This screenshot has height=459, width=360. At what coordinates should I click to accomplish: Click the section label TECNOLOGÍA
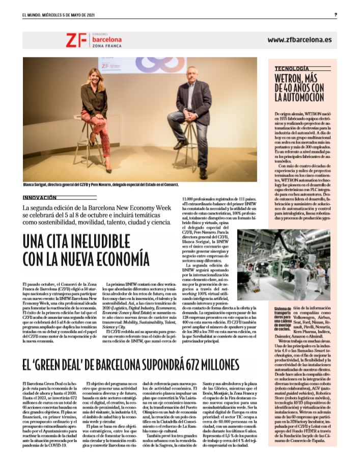(x=292, y=68)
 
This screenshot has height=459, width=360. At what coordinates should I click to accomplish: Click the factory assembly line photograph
(x=286, y=265)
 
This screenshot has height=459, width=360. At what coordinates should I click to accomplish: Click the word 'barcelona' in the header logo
(x=105, y=38)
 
